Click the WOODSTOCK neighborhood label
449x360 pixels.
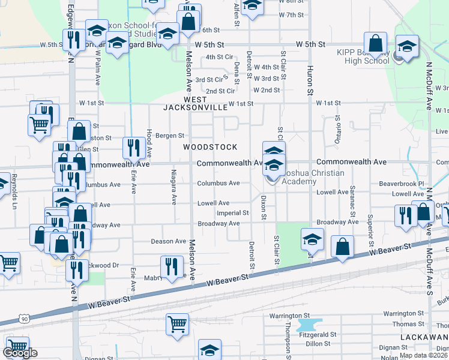[210, 147]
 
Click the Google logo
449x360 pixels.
[19, 353]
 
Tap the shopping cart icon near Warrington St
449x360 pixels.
[177, 324]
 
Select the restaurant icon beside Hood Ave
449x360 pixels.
[132, 146]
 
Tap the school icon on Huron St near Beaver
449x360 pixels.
[312, 241]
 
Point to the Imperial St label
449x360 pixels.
[233, 213]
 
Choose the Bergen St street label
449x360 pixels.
[169, 136]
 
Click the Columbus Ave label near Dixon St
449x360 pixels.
[218, 183]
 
